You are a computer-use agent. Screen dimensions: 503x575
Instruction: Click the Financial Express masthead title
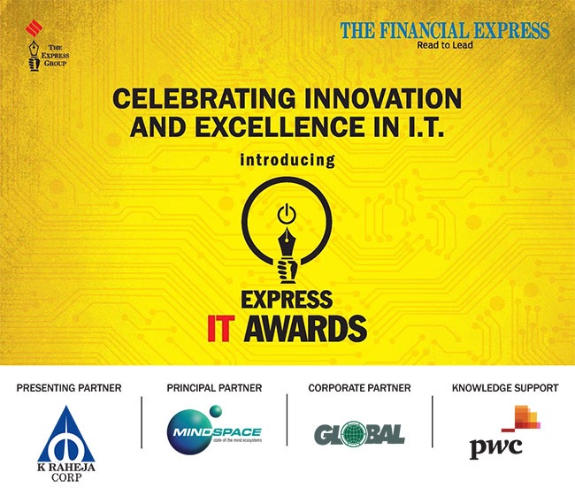point(444,31)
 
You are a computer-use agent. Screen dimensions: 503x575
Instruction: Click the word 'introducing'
point(287,161)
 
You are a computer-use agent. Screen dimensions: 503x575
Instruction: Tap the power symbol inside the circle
point(286,215)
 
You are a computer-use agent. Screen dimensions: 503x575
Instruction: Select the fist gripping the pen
point(287,265)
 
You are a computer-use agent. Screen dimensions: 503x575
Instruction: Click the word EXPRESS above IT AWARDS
point(287,298)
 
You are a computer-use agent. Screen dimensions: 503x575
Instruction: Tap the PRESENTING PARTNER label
point(69,388)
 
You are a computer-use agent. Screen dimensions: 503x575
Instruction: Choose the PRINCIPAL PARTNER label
point(214,388)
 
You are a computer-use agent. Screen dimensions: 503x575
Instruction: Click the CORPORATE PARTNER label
point(358,388)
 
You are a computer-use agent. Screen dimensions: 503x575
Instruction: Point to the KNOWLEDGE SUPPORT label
point(504,388)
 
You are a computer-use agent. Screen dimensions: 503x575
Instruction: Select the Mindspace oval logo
point(214,432)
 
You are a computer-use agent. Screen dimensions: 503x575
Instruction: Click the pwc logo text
point(495,446)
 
